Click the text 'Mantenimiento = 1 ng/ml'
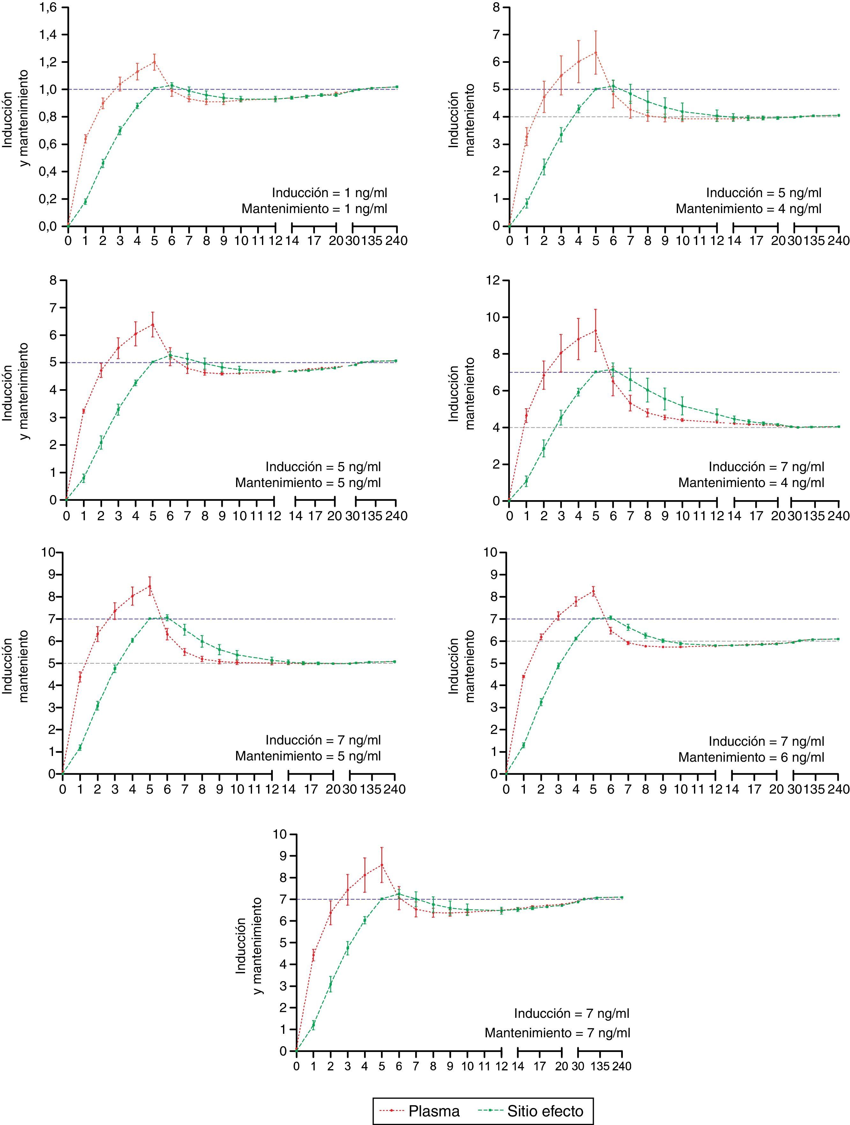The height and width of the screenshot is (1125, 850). tap(314, 209)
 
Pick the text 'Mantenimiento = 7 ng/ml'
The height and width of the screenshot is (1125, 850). tap(557, 1032)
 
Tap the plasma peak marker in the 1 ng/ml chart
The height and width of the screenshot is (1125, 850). tap(154, 62)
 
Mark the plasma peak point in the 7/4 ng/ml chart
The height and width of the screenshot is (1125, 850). tap(595, 330)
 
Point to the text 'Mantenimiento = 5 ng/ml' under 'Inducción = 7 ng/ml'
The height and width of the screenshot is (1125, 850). tap(308, 756)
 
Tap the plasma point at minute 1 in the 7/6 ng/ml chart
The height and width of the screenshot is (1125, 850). tap(523, 677)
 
